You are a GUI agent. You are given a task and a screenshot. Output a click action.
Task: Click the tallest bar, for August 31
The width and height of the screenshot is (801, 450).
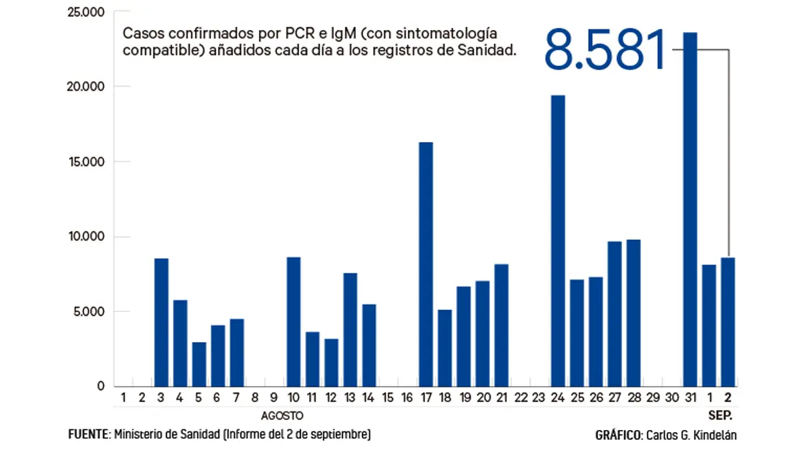pos(690,209)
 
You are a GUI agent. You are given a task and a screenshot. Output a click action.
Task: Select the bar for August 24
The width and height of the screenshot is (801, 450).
pos(558,241)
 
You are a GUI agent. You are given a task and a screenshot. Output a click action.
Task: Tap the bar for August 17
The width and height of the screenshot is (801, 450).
pos(426,264)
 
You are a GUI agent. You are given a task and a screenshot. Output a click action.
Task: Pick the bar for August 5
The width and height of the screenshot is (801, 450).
pos(199,364)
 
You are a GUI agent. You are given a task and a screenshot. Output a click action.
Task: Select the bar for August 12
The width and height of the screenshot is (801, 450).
pos(331,363)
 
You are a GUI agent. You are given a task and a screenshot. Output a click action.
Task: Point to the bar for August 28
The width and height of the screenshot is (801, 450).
pos(633,313)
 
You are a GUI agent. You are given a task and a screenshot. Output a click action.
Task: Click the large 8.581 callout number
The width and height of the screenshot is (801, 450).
pos(605,50)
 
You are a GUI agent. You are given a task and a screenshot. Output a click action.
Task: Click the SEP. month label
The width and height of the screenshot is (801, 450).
pos(720,415)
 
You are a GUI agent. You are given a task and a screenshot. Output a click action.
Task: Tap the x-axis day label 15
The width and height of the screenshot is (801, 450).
pos(388,398)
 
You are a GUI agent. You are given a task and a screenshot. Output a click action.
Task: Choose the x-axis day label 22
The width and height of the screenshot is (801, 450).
pos(521,398)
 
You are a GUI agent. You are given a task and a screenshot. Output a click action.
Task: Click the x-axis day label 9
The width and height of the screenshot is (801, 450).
pos(274,398)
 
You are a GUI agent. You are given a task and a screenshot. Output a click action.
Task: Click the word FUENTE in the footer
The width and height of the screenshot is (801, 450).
pos(88,435)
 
